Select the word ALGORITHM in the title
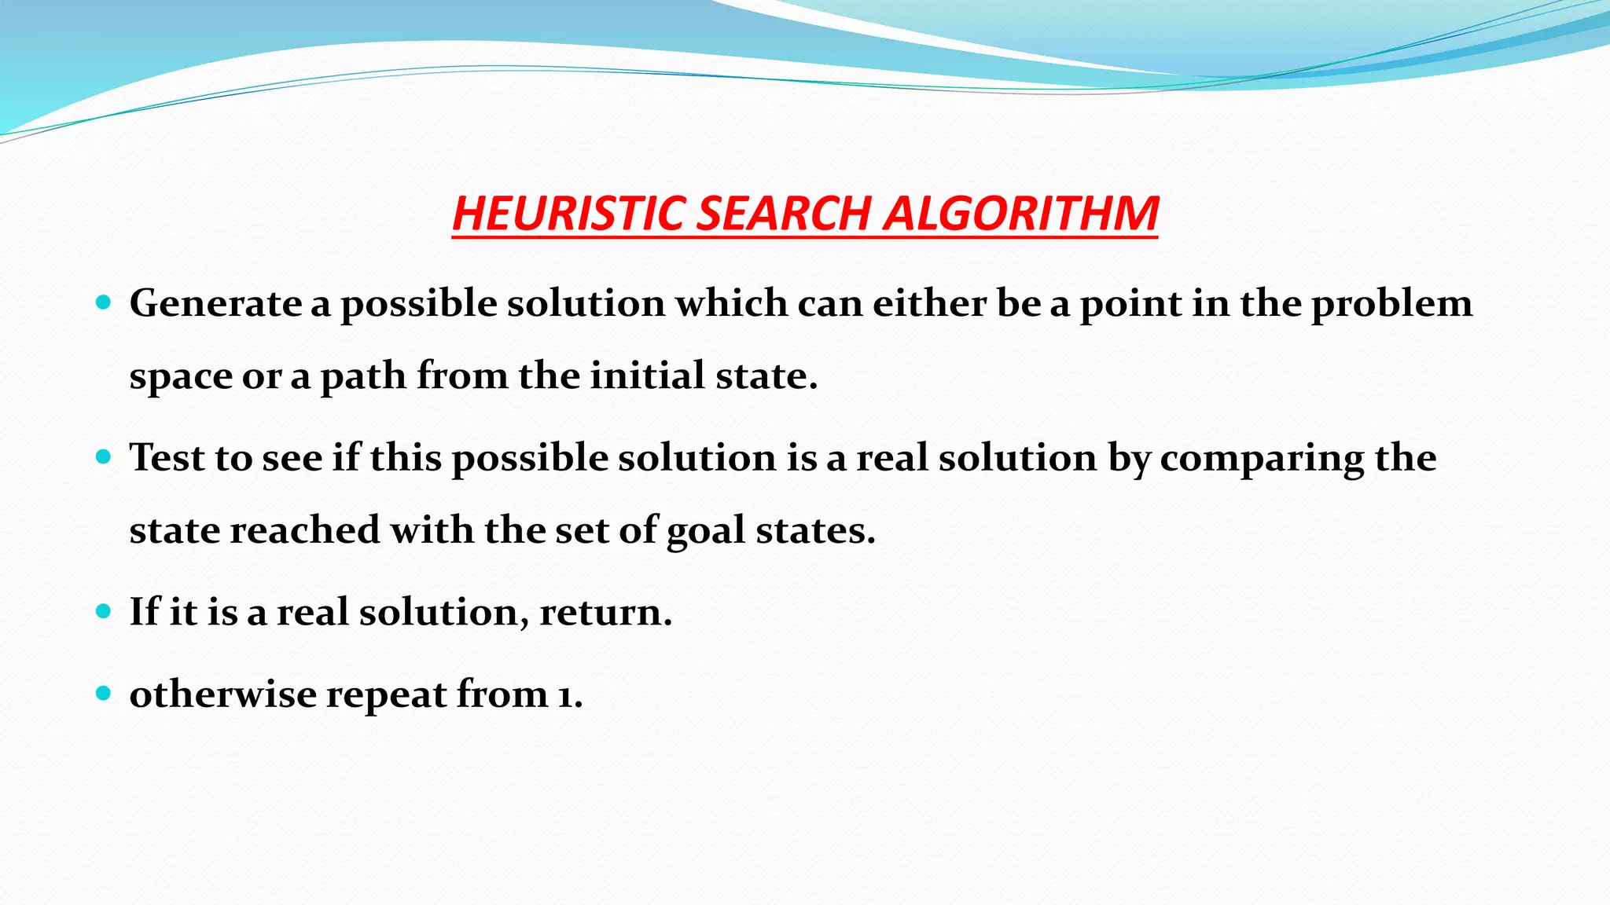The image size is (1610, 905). pos(1020,214)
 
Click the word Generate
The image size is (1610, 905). pos(215,303)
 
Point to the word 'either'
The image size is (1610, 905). pos(929,303)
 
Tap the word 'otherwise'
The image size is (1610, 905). pos(222,694)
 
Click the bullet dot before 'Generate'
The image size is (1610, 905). pos(104,302)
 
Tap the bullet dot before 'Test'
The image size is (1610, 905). pos(104,456)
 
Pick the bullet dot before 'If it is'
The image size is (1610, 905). pos(104,611)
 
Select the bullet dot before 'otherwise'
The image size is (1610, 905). pos(104,693)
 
